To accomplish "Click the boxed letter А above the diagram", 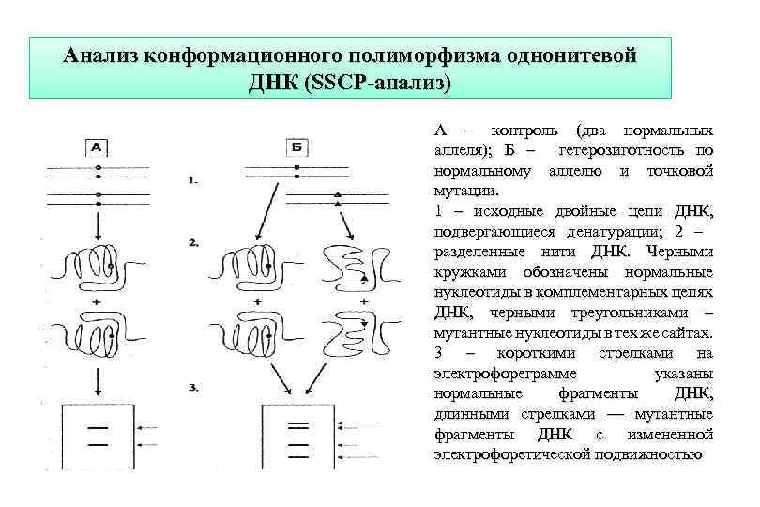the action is (98, 146).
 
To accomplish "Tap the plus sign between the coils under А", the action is (98, 302).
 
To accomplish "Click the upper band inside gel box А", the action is (97, 427).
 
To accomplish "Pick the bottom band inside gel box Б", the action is (298, 454).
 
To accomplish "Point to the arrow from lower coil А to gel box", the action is (98, 379).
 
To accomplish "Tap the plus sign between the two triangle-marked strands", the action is (361, 302).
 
